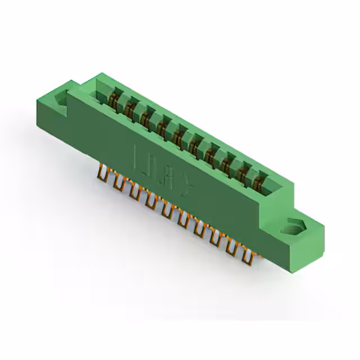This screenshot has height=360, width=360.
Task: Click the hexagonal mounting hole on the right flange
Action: coord(294,228)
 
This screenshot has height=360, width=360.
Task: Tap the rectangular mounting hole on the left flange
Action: coord(60,98)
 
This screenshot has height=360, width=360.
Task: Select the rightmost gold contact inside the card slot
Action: coord(260,179)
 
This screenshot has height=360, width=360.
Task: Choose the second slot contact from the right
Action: coord(244,170)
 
